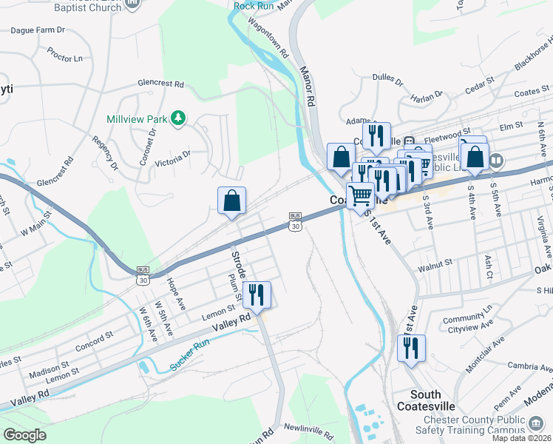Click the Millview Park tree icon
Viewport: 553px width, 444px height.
click(x=177, y=118)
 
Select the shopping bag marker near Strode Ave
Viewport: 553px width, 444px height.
click(x=231, y=201)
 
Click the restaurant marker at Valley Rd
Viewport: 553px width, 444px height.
click(x=257, y=295)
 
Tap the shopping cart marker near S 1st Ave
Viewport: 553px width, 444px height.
click(x=361, y=197)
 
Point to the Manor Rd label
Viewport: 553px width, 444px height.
click(x=308, y=85)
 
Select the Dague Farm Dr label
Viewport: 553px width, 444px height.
click(x=38, y=31)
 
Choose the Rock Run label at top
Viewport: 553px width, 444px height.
click(x=254, y=6)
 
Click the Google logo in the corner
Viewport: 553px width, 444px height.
click(x=24, y=434)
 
